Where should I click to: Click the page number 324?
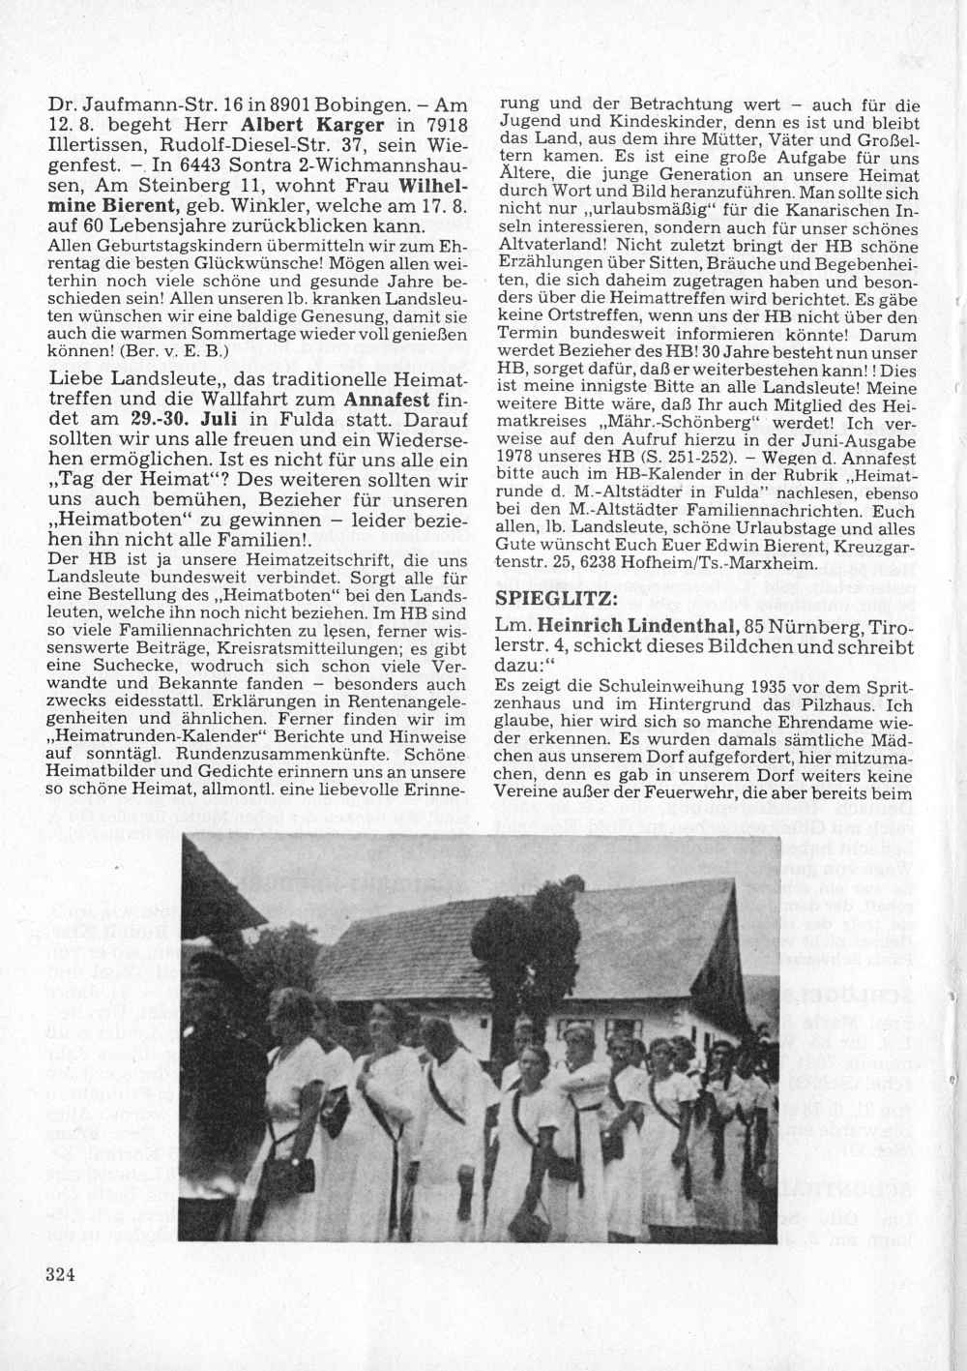(x=60, y=1273)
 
